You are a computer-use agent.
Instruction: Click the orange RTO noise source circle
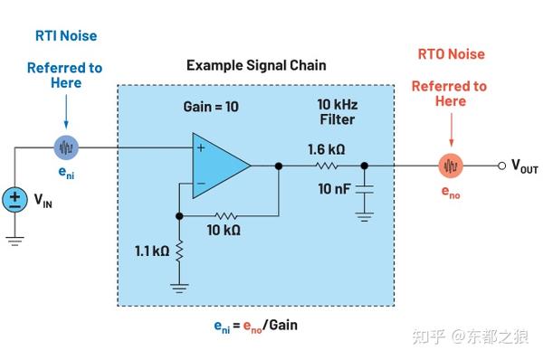click(451, 166)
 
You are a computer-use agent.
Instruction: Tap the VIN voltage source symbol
click(15, 200)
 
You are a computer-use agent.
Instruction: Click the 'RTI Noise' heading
click(65, 36)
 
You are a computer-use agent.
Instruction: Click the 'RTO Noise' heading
click(450, 54)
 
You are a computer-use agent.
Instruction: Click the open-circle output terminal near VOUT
click(501, 166)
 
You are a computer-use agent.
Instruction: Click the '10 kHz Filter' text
click(337, 112)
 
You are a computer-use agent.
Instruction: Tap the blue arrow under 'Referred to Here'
click(66, 113)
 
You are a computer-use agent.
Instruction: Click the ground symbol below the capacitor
click(364, 215)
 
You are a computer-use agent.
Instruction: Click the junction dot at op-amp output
click(279, 166)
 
